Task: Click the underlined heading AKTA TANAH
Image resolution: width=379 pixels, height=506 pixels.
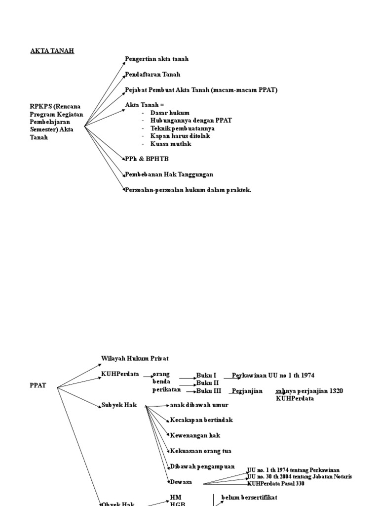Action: [x=52, y=51]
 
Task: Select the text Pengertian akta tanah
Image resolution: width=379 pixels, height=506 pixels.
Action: [x=157, y=59]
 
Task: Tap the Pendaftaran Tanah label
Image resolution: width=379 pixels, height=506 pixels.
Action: [x=152, y=74]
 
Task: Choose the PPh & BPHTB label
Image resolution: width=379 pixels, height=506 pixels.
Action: [x=144, y=159]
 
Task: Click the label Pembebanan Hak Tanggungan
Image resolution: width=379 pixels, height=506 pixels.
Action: [x=169, y=174]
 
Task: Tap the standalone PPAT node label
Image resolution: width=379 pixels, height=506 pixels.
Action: [x=38, y=385]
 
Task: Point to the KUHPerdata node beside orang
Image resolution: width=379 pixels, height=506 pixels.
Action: [x=120, y=374]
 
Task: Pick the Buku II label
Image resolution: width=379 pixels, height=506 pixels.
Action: [x=207, y=382]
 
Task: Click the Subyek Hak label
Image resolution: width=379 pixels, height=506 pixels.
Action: [x=119, y=405]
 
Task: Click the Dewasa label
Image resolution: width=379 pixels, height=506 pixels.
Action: [x=181, y=482]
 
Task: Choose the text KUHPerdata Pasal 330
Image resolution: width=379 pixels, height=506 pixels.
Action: [x=276, y=484]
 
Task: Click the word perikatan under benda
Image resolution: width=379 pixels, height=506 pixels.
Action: [x=166, y=390]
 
